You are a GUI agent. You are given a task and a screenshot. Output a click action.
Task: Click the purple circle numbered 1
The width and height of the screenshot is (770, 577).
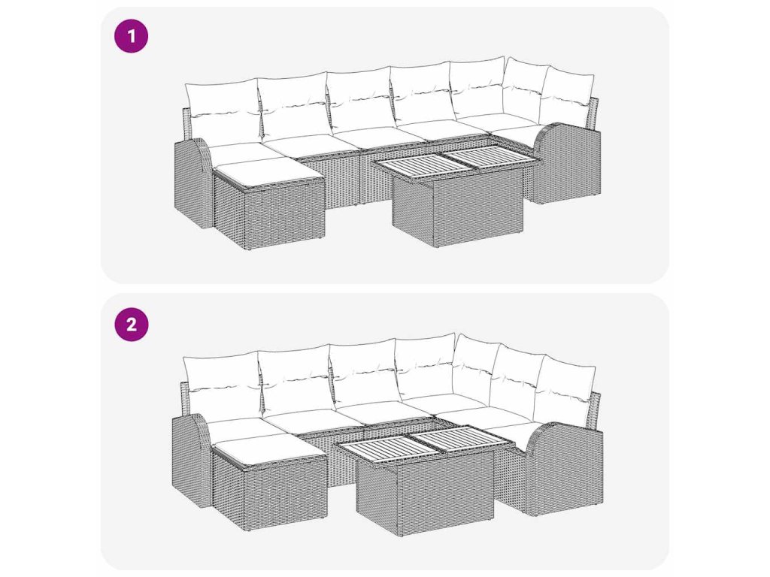tap(131, 36)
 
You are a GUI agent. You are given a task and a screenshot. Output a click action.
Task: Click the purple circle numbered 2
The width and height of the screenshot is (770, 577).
tap(131, 325)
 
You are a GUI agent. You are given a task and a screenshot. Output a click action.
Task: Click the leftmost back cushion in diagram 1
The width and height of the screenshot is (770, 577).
tap(223, 114)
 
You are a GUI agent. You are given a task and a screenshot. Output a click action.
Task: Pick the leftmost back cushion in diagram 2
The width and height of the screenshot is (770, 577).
tap(223, 387)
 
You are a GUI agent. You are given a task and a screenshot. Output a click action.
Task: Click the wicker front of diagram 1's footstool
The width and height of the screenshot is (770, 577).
tap(285, 216)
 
